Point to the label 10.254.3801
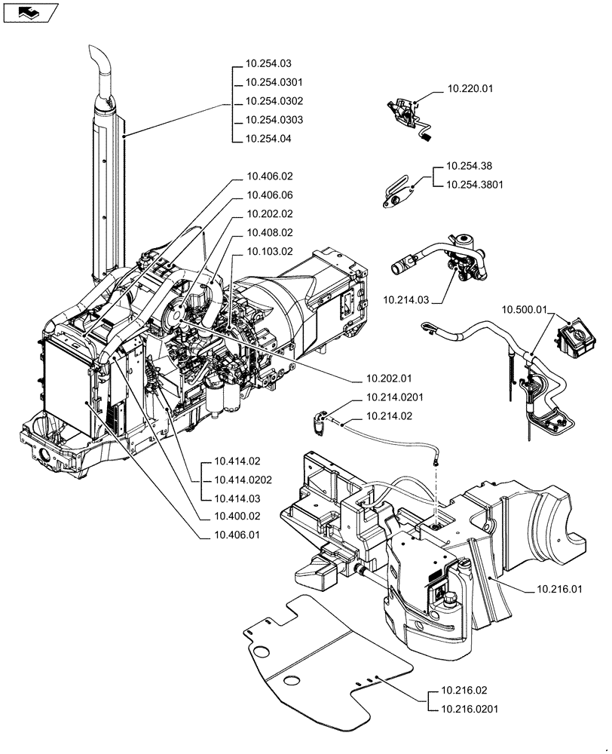(475, 183)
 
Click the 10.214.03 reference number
(405, 300)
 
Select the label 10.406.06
(268, 195)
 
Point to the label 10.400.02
(237, 516)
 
